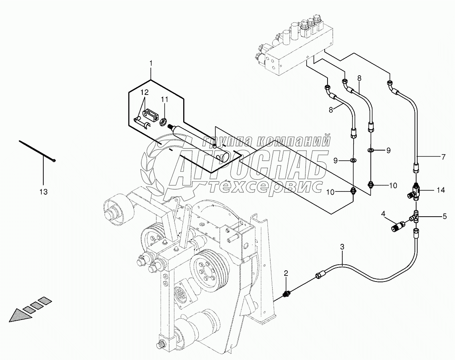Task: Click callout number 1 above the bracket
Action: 151,63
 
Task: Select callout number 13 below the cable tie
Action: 44,191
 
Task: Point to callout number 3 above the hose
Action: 342,247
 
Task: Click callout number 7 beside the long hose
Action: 443,157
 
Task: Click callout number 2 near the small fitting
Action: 286,273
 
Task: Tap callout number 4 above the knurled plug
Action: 383,214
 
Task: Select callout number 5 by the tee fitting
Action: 445,216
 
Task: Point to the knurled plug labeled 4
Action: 398,226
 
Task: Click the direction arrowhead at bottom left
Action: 19,316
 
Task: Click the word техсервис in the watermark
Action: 265,187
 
